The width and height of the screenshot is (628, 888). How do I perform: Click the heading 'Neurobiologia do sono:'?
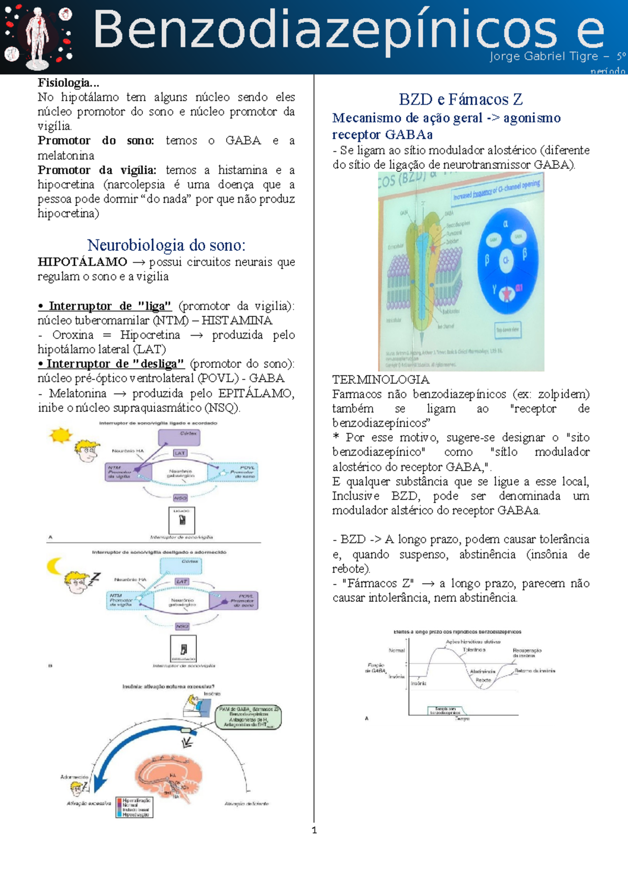click(x=166, y=245)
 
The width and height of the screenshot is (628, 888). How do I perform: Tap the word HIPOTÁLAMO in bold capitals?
click(x=82, y=262)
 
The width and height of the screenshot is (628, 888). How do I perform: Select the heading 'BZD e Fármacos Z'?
click(x=461, y=99)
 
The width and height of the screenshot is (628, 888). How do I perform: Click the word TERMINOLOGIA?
click(x=380, y=380)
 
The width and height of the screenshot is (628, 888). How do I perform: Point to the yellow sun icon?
click(x=60, y=435)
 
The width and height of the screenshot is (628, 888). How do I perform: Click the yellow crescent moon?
click(x=54, y=565)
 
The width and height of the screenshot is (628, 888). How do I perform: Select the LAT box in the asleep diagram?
click(x=182, y=582)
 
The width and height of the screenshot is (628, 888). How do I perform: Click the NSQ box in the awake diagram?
click(x=180, y=498)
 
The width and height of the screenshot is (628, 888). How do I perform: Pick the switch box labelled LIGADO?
click(x=182, y=520)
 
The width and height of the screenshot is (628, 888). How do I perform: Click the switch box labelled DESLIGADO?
click(x=183, y=649)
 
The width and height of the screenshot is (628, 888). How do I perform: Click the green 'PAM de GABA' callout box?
click(x=249, y=717)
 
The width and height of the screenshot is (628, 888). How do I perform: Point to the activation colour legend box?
click(x=134, y=807)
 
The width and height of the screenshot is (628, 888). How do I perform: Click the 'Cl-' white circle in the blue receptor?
click(x=506, y=260)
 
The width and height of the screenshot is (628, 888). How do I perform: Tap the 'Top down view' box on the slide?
click(x=507, y=329)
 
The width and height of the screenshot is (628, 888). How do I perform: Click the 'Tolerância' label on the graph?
click(x=474, y=650)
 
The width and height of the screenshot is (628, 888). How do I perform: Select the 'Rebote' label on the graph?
click(x=483, y=680)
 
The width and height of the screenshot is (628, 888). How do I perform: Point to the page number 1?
click(x=314, y=830)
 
